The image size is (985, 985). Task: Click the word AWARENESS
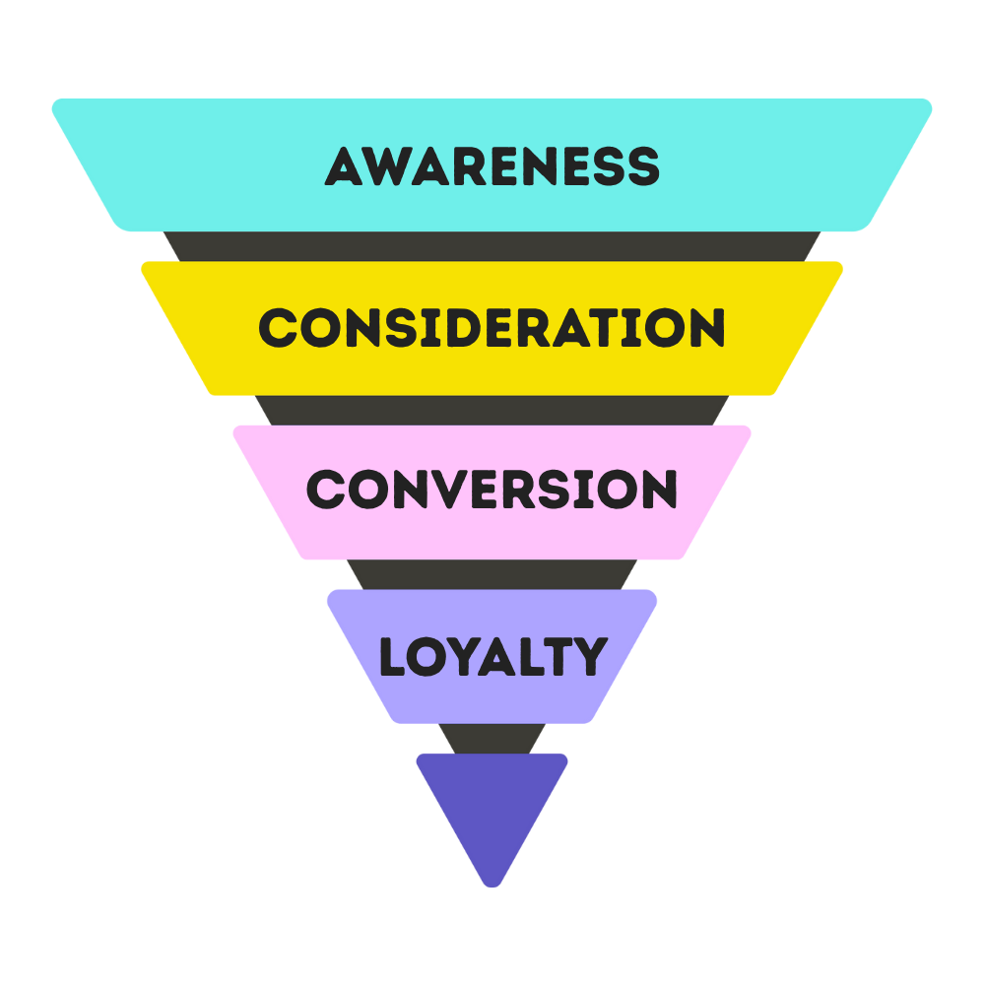(x=492, y=166)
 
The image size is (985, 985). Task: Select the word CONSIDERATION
(x=492, y=328)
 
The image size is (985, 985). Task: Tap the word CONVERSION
(x=492, y=490)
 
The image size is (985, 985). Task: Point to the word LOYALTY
(x=492, y=657)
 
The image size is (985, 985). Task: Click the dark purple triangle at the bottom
(x=492, y=803)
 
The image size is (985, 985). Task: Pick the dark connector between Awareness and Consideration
(x=492, y=246)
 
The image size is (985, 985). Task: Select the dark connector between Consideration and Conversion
(x=492, y=410)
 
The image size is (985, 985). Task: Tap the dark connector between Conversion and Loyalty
(x=492, y=574)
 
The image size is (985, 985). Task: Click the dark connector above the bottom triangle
(x=492, y=739)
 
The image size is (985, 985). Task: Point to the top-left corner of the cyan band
(x=57, y=103)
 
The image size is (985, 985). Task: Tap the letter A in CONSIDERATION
(x=570, y=328)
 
